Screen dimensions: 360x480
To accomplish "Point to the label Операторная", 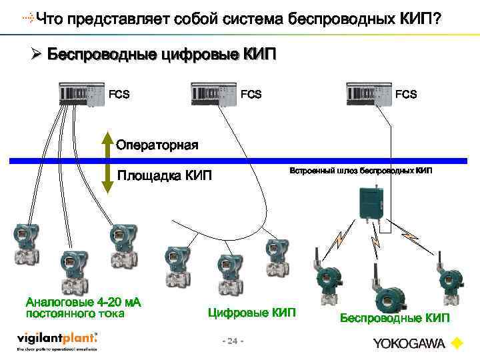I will click(x=157, y=145).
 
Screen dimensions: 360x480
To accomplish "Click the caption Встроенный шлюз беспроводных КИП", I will click(x=360, y=171).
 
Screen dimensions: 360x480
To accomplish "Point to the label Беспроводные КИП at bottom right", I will click(x=395, y=318).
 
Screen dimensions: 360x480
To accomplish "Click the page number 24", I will click(x=232, y=341).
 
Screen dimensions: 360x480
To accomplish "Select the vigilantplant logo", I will click(x=57, y=340).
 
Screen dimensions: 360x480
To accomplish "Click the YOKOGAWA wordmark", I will click(x=409, y=344).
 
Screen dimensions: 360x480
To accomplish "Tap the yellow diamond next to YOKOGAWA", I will click(x=457, y=344).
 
